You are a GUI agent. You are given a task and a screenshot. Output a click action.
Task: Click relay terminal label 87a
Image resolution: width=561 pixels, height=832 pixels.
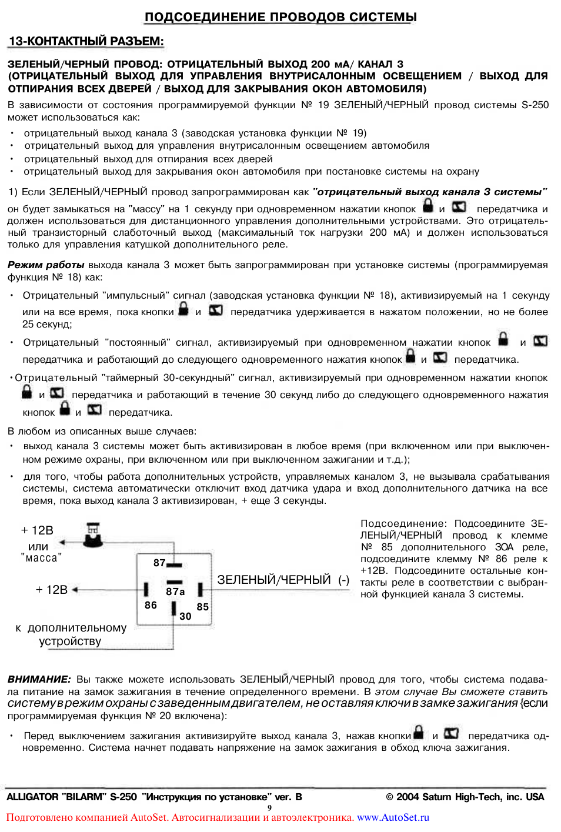pos(175,592)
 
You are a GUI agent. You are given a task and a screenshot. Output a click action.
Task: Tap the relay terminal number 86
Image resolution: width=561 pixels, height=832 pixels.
pos(151,605)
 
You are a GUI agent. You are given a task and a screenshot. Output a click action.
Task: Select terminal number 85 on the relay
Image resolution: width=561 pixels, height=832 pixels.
pos(202,607)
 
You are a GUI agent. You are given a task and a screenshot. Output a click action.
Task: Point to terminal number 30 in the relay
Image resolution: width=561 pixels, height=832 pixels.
pos(185,616)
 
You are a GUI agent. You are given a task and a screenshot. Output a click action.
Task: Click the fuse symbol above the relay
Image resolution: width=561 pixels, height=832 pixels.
pos(93,533)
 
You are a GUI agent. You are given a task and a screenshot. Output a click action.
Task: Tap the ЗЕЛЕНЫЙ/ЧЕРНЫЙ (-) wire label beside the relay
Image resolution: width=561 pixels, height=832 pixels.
pos(283,580)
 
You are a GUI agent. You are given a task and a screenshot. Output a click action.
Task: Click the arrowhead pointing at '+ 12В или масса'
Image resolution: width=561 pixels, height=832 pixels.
pos(63,543)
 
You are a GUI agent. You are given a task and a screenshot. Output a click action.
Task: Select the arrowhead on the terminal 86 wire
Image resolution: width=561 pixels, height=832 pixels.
pos(75,589)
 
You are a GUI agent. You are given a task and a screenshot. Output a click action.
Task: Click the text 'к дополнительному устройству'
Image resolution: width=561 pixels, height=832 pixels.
pos(71,634)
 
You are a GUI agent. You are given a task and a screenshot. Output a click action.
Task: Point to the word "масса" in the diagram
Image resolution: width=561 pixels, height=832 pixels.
pos(41,558)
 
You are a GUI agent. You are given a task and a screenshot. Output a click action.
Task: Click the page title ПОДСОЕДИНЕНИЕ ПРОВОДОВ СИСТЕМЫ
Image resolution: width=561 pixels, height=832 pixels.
pos(280,17)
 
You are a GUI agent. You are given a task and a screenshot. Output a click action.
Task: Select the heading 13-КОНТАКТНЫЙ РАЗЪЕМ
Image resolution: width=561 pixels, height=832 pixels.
pos(86,41)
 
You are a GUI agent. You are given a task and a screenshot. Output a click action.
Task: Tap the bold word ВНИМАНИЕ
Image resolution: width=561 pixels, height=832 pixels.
pos(39,679)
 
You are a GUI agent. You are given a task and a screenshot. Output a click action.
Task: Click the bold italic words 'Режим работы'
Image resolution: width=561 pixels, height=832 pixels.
pos(46,265)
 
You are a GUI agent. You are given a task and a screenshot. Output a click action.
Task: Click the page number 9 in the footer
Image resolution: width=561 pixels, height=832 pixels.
pos(269,807)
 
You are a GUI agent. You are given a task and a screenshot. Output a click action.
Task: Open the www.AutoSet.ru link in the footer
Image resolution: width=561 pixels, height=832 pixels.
pos(393,817)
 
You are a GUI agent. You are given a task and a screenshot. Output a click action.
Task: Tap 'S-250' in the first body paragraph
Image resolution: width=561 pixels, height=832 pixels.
pos(535,105)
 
